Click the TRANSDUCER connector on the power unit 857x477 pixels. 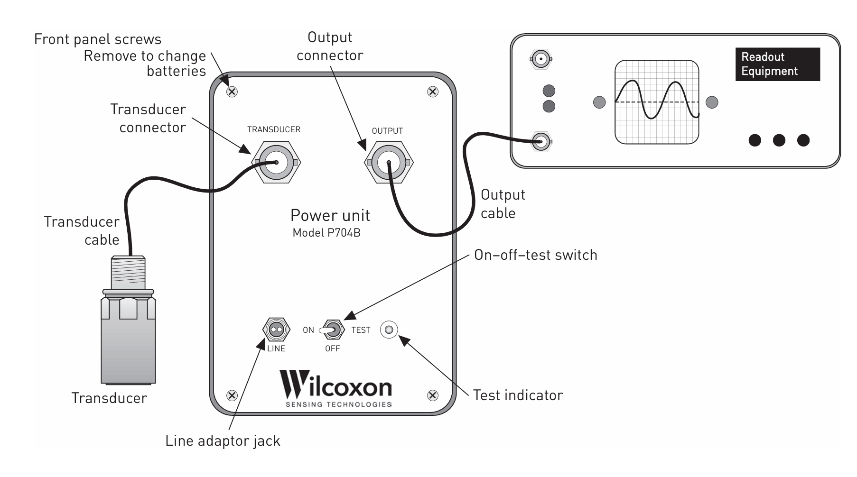tap(276, 162)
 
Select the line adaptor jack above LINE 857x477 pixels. tap(276, 330)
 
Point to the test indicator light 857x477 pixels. tap(389, 330)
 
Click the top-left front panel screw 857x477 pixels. tap(232, 92)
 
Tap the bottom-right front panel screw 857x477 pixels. tap(432, 395)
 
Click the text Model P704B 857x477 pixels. tap(326, 233)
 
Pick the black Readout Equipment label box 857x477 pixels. tap(777, 64)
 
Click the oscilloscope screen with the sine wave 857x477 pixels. tap(657, 102)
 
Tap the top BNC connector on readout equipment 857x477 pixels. tap(540, 59)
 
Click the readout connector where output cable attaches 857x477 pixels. tap(540, 141)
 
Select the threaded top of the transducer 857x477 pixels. tap(128, 272)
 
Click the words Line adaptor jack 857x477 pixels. tap(223, 441)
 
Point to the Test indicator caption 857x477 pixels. tap(518, 395)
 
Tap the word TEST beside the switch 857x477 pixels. tap(361, 330)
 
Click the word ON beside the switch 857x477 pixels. tap(308, 330)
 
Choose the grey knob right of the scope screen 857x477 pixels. tap(712, 102)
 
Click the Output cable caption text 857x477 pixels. tap(502, 204)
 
